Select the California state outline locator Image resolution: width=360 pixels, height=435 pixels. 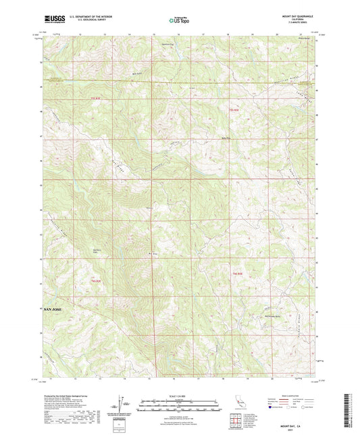pyautogui.click(x=240, y=403)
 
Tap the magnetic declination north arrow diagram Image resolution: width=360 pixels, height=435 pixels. pyautogui.click(x=122, y=403)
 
